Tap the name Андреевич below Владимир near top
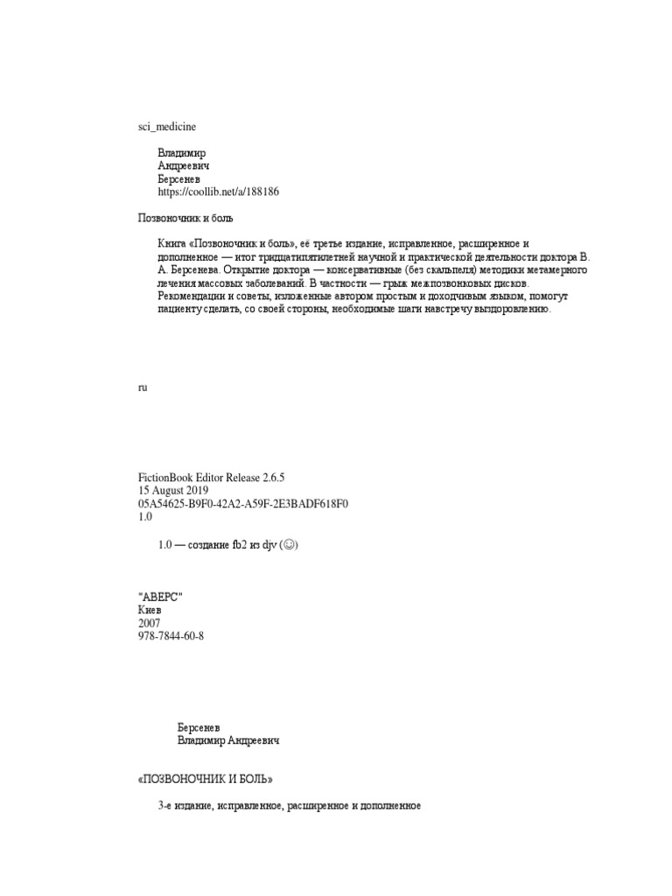183,165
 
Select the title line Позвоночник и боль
186,217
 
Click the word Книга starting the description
172,241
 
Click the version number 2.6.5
269,478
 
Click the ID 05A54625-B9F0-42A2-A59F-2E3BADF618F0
242,504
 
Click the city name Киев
150,610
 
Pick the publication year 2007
150,623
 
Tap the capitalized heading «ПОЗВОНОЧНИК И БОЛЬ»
211,778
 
